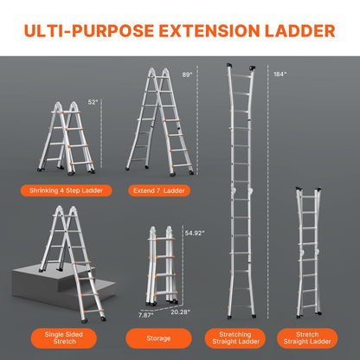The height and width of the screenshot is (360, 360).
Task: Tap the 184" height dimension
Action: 279,74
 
